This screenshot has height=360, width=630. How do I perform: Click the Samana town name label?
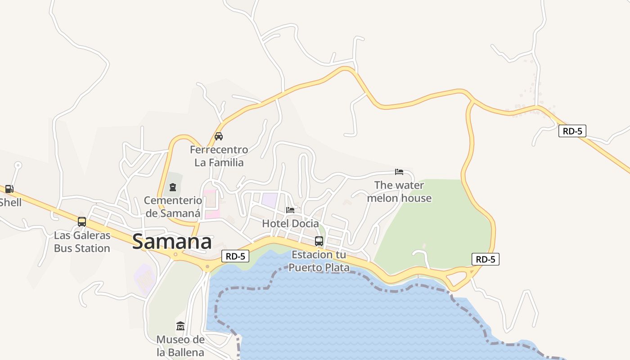pos(172,242)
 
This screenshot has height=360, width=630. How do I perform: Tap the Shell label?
pos(11,202)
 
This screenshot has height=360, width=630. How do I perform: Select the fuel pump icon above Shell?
pos(9,189)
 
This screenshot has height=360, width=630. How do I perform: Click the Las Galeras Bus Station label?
pos(82,242)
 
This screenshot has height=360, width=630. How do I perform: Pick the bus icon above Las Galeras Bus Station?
pos(82,221)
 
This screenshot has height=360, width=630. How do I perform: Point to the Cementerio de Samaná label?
pos(173,207)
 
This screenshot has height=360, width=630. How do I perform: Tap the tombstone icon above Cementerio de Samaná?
pos(173,187)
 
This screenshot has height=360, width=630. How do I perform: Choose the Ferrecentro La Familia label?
pos(219,156)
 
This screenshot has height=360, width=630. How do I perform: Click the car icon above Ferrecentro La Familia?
pos(219,136)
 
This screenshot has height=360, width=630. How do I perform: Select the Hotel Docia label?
pos(290,223)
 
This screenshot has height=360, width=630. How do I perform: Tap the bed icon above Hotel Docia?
pos(290,210)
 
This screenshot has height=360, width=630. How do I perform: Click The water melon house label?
pos(399,192)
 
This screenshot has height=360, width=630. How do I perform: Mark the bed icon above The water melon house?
pos(399,171)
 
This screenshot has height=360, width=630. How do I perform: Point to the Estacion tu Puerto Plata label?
pos(319,261)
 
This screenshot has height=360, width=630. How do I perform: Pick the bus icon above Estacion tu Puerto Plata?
pos(319,241)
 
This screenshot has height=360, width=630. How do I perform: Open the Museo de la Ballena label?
pos(180,346)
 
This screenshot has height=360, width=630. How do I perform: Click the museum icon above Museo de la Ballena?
pos(180,326)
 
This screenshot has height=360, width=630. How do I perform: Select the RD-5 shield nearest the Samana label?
pos(235,256)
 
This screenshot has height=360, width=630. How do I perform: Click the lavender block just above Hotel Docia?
pos(270,200)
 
